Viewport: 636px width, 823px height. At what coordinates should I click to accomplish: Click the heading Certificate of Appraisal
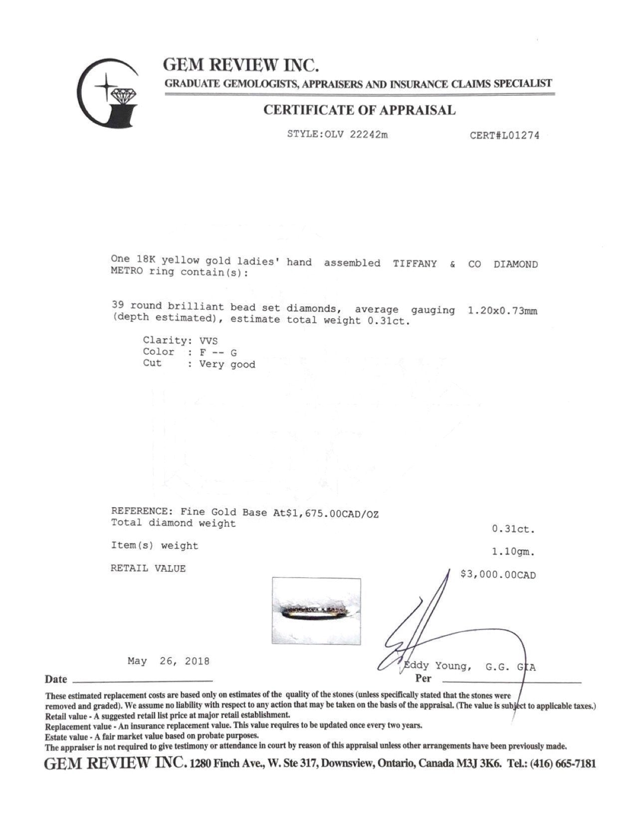coord(359,110)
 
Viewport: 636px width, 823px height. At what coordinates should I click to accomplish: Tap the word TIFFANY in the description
coord(415,264)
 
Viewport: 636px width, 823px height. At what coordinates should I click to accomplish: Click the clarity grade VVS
coord(209,341)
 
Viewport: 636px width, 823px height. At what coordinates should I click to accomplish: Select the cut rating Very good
coord(227,365)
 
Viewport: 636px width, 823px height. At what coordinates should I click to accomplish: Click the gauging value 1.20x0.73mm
coord(502,311)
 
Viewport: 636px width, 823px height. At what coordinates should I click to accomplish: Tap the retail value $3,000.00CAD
coord(498,575)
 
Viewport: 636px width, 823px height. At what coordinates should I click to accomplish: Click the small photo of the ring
coord(316,611)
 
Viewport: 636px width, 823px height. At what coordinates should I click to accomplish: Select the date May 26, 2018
coord(169,661)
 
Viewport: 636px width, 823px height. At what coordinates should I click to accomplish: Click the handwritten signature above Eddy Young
coord(429,628)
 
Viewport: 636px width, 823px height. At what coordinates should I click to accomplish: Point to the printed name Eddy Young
coord(437,666)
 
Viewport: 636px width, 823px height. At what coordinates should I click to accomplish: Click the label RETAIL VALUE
coord(148,569)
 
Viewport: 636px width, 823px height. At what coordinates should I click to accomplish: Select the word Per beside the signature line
coord(424,678)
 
